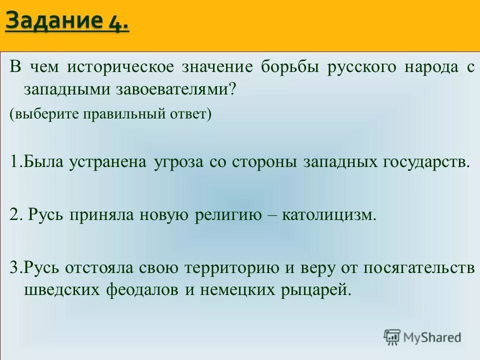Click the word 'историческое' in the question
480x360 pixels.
(121, 67)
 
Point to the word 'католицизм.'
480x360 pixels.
(328, 215)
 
